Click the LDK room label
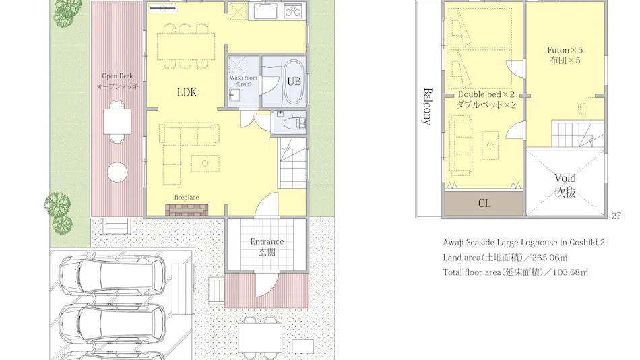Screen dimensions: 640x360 (187, 92)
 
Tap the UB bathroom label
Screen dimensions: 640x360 (294, 82)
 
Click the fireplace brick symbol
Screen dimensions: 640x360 (187, 210)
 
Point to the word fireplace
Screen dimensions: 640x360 (187, 198)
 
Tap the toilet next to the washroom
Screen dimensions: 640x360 (297, 122)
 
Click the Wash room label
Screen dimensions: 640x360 (243, 78)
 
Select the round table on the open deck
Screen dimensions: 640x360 (117, 172)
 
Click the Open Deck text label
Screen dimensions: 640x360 (117, 76)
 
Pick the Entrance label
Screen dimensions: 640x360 (267, 241)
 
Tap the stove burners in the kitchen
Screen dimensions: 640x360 (292, 11)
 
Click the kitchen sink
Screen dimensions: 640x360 (265, 11)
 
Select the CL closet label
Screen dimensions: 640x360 (484, 203)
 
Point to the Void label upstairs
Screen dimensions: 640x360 (565, 178)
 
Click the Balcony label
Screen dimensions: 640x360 (427, 107)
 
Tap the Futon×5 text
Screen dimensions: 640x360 (565, 50)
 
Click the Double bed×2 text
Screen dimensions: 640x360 (486, 94)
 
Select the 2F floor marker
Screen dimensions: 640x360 (616, 216)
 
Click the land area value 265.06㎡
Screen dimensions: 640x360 (549, 258)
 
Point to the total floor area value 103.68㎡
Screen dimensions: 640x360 (570, 272)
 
